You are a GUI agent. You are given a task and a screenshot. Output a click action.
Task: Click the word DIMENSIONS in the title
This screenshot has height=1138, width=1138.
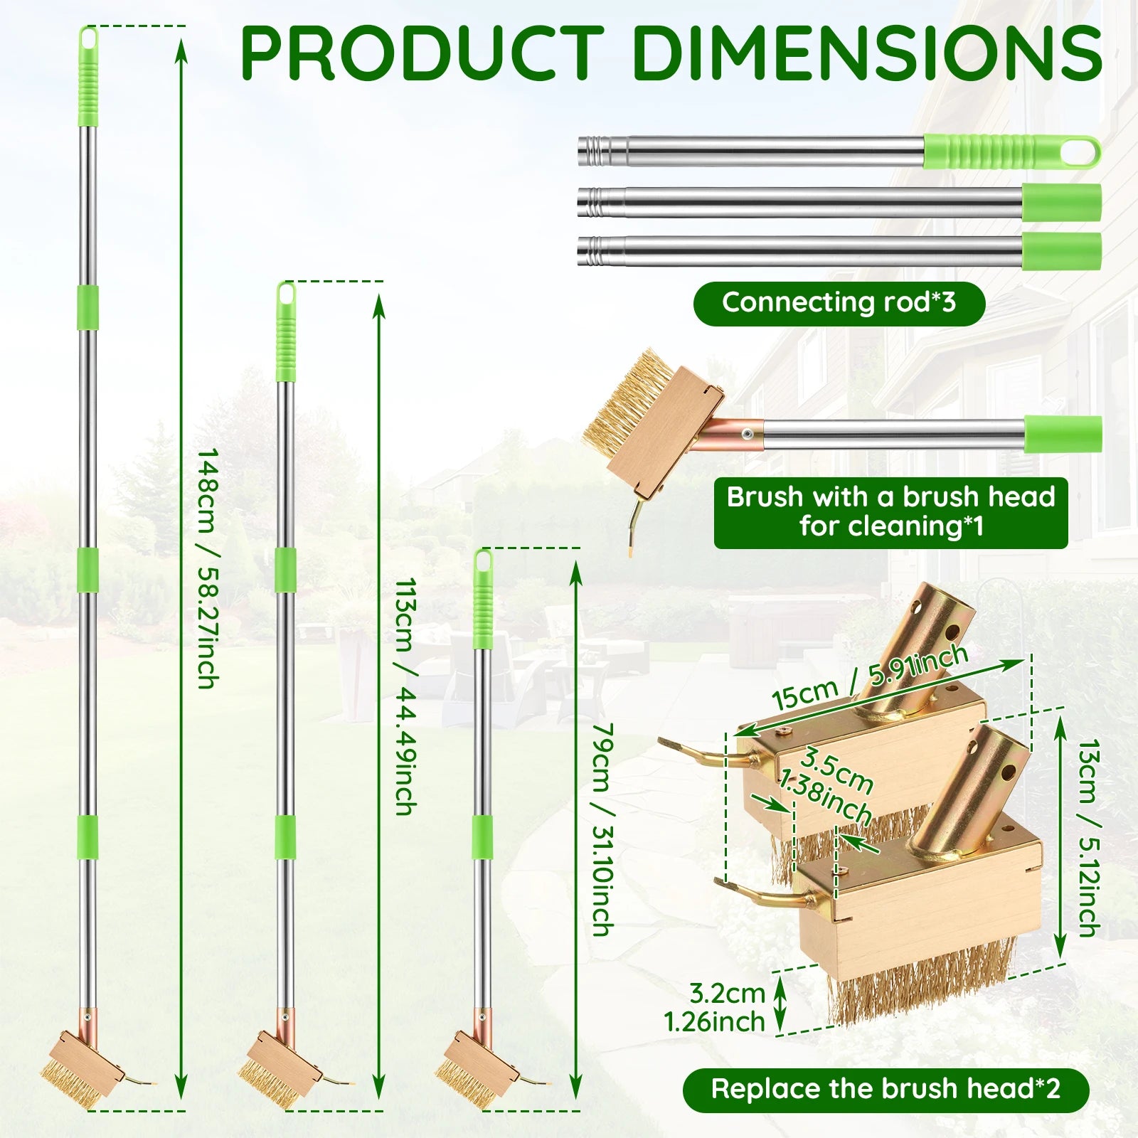click(868, 53)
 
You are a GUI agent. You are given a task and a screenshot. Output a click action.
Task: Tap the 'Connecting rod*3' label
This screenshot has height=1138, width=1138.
click(839, 303)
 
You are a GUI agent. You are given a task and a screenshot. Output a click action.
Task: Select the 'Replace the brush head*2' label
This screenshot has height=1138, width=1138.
click(886, 1089)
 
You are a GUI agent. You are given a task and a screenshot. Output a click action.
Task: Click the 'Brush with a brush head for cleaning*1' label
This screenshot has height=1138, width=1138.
click(890, 512)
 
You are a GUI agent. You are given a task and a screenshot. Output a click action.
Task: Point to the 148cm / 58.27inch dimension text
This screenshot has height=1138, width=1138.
click(206, 568)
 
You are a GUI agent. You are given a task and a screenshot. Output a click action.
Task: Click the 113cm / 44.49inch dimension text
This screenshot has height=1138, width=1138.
click(405, 697)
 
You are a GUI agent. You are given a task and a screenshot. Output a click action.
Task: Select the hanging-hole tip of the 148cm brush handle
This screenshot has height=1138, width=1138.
click(88, 36)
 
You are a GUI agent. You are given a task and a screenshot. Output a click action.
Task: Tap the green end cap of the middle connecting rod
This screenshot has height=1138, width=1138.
click(1062, 203)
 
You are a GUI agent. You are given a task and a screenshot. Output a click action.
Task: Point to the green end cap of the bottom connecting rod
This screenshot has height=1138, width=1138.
click(1062, 252)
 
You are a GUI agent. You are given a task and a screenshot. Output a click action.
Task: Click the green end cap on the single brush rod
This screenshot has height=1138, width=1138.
click(1063, 435)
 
